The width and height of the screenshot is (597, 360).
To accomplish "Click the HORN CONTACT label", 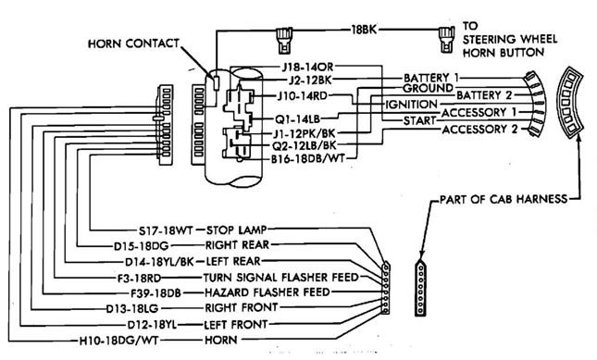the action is [x=133, y=43].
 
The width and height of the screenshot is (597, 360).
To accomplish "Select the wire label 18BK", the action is [x=364, y=30].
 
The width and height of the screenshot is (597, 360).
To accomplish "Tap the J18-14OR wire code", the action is [x=307, y=67].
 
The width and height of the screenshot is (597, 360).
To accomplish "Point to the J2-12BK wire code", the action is [x=310, y=81].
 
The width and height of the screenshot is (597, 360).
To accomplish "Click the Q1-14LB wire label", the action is [x=298, y=119].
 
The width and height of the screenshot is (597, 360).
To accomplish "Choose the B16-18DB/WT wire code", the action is [x=307, y=158].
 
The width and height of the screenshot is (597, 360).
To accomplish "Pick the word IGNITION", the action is [x=411, y=105].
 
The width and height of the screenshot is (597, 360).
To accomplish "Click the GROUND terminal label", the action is [x=428, y=89].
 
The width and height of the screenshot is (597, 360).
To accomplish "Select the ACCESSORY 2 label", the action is [x=479, y=130].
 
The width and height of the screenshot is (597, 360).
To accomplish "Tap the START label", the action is [x=419, y=120].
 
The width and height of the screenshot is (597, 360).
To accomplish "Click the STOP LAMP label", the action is [x=236, y=230].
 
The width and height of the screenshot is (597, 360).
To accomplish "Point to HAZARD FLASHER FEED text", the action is [x=267, y=292].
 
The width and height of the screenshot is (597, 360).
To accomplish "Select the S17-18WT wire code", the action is [x=166, y=230].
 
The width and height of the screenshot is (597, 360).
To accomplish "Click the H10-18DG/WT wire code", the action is [x=118, y=341].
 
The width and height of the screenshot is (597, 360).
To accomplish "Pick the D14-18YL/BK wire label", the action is [x=159, y=262].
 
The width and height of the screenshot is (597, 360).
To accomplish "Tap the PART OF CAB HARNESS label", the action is [x=504, y=199].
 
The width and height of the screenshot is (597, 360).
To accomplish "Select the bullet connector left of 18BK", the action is [x=284, y=40].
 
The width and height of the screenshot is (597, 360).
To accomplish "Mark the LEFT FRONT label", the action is [x=236, y=324].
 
